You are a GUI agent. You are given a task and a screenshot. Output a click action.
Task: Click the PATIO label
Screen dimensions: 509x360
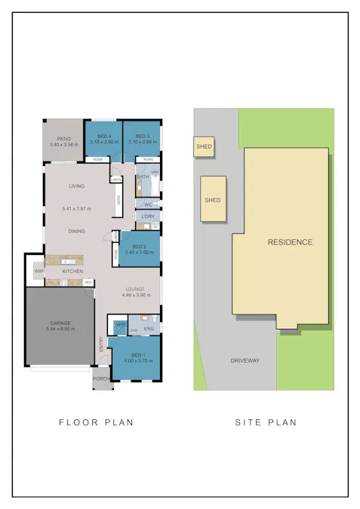(63, 139)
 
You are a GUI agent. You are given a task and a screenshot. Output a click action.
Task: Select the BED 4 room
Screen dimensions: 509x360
(102, 139)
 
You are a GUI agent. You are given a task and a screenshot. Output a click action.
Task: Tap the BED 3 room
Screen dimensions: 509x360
(142, 139)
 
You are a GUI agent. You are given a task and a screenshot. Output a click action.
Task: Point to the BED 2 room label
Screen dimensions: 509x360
(139, 247)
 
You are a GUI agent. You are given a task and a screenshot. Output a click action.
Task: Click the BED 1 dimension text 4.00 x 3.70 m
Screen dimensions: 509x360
(137, 360)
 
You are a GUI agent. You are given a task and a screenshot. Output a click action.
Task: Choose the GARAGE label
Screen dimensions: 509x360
(60, 323)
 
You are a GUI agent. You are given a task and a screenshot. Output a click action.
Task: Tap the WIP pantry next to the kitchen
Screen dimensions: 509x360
(37, 271)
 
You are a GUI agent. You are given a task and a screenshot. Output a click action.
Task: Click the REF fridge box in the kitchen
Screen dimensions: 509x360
(88, 282)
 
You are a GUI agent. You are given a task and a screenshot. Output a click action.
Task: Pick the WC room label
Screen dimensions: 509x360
(148, 204)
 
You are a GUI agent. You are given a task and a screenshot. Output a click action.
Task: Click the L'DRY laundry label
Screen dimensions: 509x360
(148, 217)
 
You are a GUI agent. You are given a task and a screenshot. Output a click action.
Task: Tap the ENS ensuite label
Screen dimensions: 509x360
(149, 329)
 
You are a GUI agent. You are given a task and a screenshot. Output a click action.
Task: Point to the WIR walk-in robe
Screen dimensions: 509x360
(120, 324)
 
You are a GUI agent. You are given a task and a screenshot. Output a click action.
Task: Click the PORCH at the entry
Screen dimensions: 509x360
(102, 379)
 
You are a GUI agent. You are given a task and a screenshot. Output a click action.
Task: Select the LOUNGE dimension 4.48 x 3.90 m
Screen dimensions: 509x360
(136, 295)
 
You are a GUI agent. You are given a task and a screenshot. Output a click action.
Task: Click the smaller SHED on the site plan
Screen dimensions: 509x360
(204, 146)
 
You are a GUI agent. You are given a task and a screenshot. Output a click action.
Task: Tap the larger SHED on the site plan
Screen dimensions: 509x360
(213, 200)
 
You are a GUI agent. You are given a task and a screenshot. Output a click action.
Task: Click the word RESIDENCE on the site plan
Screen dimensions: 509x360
(290, 242)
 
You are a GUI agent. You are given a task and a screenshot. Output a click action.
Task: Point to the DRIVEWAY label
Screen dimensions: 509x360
(245, 360)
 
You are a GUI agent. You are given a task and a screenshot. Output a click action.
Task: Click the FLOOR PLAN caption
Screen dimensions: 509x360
(96, 422)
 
